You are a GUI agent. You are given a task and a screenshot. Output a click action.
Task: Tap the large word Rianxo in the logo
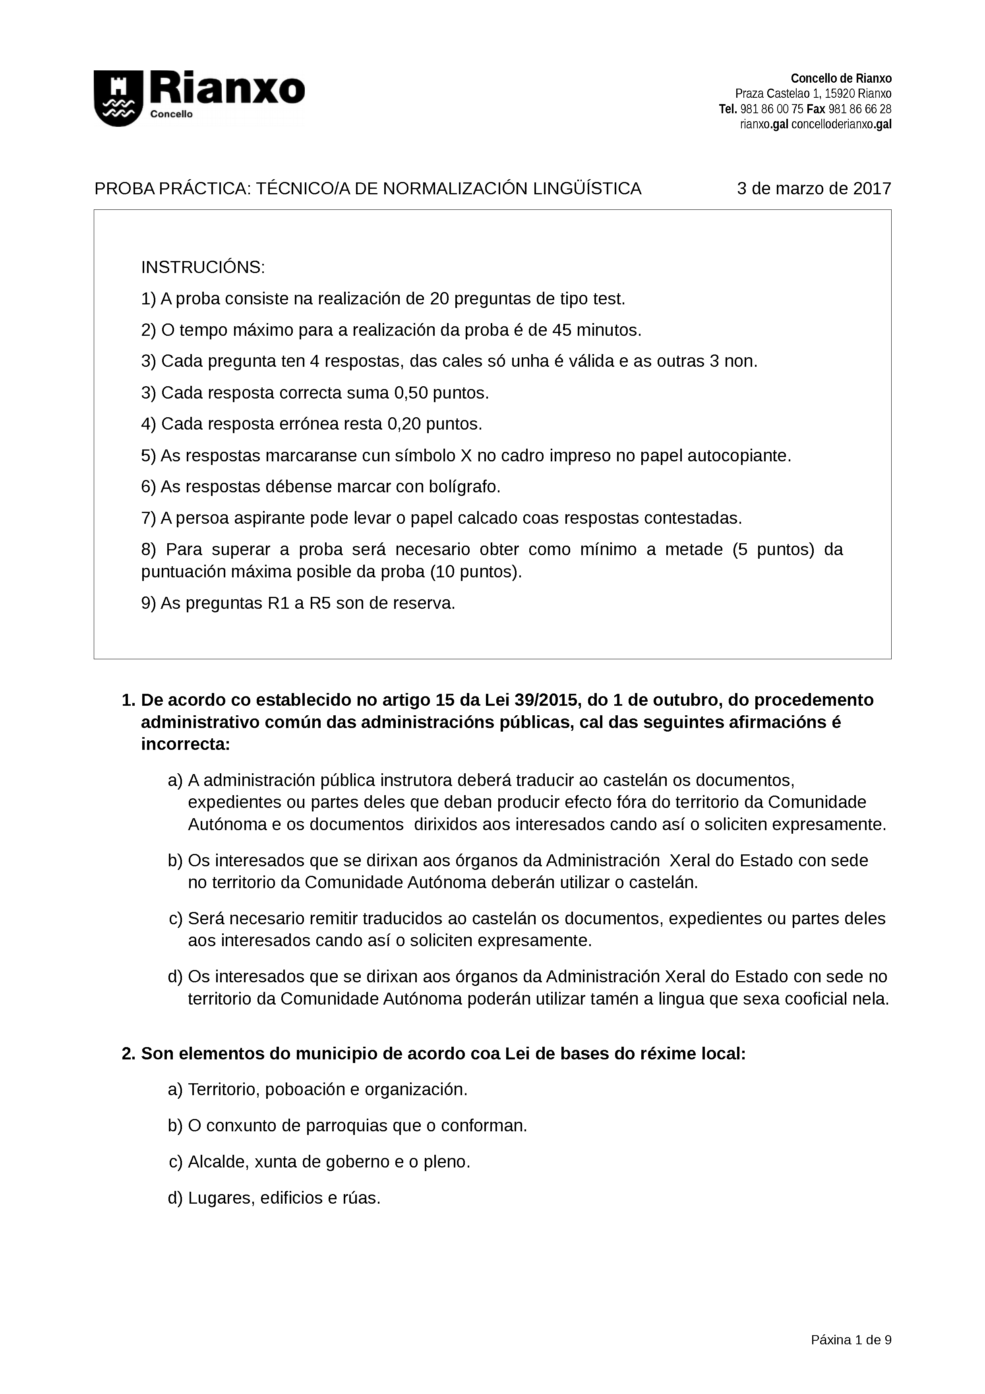tap(228, 90)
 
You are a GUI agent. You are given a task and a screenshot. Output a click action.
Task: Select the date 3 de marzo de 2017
tap(813, 189)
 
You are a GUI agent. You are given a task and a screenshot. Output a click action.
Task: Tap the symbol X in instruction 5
tap(466, 455)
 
